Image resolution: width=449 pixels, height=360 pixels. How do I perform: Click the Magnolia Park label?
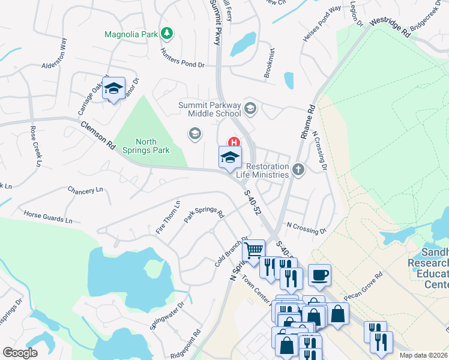(x=131, y=34)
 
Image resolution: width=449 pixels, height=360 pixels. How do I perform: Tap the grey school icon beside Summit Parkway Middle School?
(x=250, y=109)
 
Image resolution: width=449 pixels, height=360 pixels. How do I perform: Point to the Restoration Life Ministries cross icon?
(x=298, y=170)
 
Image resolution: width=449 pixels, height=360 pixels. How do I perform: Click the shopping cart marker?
(x=254, y=250)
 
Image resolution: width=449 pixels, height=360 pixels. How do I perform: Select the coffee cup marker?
(x=319, y=275)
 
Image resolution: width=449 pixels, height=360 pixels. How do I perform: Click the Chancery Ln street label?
(x=85, y=190)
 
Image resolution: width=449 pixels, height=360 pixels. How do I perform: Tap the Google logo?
(x=20, y=353)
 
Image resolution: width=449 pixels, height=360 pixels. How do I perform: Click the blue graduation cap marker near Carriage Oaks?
(x=113, y=89)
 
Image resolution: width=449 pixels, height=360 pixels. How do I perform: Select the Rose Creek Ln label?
(x=36, y=148)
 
